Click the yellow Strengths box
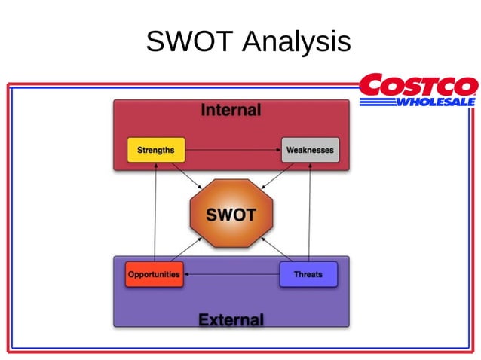tap(155, 150)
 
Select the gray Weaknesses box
tap(310, 150)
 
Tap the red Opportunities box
tap(154, 274)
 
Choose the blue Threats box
tap(308, 274)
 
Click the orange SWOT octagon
tap(231, 215)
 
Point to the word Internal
tap(231, 111)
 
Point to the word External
tap(231, 320)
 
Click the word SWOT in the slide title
tap(190, 41)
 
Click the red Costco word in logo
tap(418, 86)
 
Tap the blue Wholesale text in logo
tap(435, 102)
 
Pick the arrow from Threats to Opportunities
tap(232, 274)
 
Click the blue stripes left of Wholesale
tap(377, 102)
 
